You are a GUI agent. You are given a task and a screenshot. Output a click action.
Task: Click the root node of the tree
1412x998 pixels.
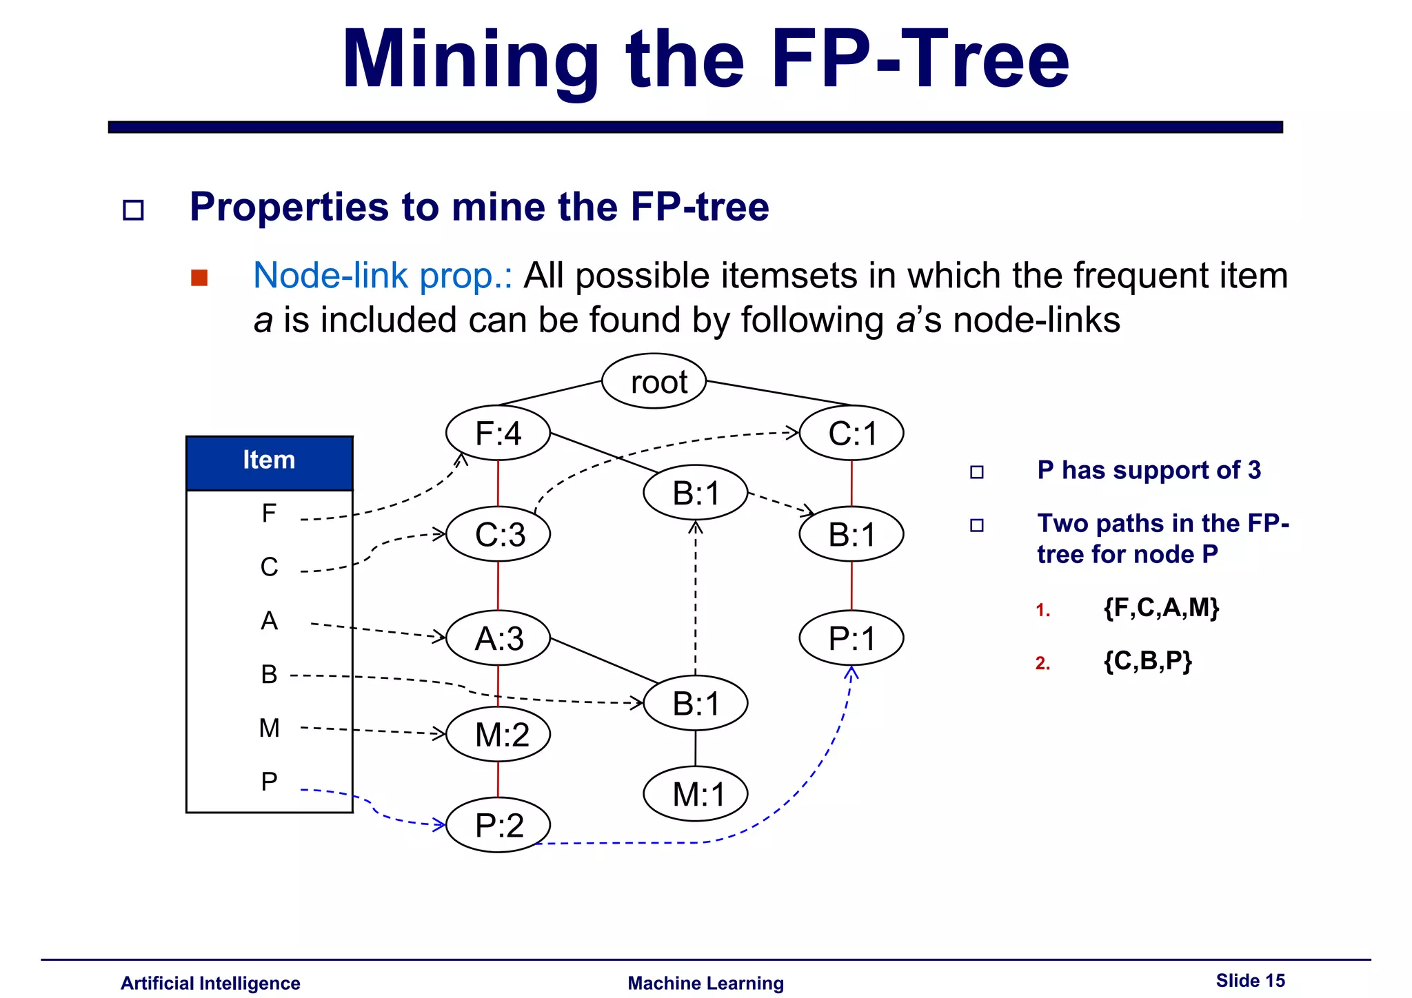(x=654, y=381)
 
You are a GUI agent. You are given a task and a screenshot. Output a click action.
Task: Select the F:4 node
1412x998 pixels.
(x=498, y=434)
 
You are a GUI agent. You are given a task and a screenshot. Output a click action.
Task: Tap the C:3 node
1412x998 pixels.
(x=498, y=534)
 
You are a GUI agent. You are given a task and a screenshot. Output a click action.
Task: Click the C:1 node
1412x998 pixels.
(x=851, y=434)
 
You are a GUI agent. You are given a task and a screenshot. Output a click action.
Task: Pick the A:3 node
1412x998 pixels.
(x=498, y=638)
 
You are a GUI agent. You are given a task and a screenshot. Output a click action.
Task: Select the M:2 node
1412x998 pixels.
(x=498, y=734)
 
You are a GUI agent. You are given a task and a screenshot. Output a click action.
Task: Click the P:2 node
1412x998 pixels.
(x=498, y=824)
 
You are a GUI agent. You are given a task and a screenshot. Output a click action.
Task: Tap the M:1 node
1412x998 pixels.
(x=695, y=794)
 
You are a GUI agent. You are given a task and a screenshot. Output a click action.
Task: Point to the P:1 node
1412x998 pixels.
(x=851, y=638)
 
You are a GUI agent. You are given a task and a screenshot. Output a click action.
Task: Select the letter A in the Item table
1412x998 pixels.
(x=269, y=621)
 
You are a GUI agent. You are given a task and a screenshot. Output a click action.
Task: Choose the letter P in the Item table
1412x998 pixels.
(x=269, y=782)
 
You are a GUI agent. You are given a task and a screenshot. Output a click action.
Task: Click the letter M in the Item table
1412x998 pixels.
(x=269, y=728)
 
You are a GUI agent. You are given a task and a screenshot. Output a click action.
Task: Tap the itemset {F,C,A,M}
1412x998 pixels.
(x=1161, y=608)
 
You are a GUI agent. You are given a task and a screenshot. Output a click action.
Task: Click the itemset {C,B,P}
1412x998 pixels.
(x=1147, y=661)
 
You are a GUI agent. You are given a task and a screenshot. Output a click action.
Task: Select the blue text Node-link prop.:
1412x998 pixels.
(x=383, y=276)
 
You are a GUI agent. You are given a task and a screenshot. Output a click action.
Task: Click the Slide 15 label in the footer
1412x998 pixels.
(x=1250, y=980)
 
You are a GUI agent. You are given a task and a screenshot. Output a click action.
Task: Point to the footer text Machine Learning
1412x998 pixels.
(x=705, y=983)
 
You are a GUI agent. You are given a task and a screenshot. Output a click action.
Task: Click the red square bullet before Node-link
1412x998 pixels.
(x=199, y=278)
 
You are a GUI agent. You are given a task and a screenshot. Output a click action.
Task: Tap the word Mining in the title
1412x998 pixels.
(x=470, y=61)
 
